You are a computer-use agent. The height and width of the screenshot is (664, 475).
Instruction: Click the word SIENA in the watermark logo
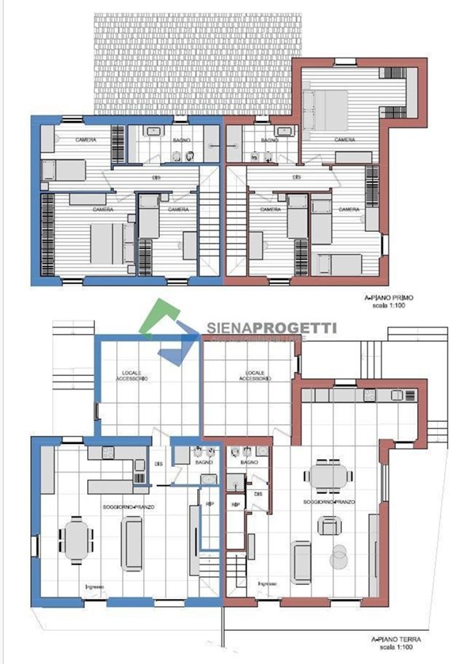(230, 328)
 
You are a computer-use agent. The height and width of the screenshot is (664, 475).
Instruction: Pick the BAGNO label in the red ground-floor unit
(249, 461)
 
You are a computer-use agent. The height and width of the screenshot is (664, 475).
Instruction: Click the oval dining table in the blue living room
(78, 541)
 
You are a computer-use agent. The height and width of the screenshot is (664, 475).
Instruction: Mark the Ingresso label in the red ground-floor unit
(267, 583)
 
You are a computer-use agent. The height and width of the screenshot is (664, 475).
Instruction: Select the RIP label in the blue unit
(210, 503)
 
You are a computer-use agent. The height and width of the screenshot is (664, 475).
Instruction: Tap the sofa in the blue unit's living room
(131, 543)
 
